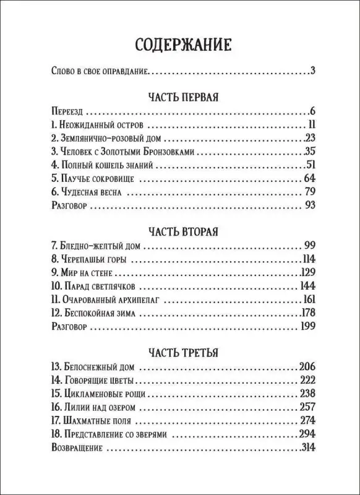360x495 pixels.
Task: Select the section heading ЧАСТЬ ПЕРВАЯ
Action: pyautogui.click(x=180, y=98)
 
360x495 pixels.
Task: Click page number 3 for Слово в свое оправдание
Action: pyautogui.click(x=314, y=72)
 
